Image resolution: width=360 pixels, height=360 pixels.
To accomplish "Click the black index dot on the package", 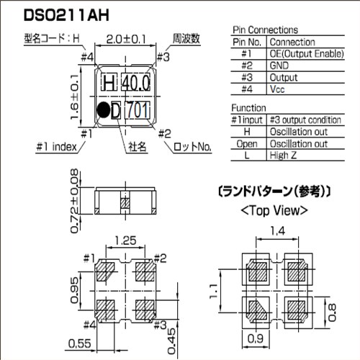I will (104, 110).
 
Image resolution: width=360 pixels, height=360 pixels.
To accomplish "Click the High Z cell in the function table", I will (283, 156).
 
